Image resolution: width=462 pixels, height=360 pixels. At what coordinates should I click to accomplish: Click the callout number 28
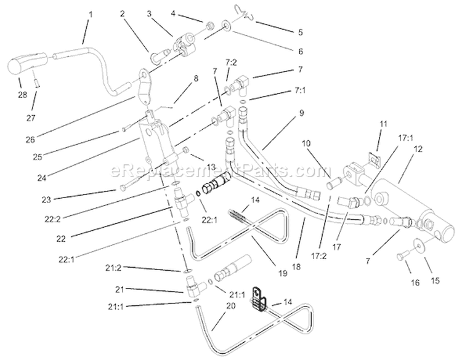tap(22, 95)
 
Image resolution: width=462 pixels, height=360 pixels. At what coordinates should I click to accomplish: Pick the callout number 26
tap(30, 140)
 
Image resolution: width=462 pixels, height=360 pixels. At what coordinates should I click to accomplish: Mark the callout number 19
tap(282, 273)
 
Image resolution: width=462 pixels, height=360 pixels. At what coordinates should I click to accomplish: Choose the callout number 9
tap(301, 113)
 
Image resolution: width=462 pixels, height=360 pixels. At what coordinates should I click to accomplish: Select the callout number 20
tap(231, 306)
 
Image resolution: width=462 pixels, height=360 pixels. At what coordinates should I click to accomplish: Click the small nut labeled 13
tap(186, 150)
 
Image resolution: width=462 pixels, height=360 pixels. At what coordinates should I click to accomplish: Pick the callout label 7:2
tap(231, 63)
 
